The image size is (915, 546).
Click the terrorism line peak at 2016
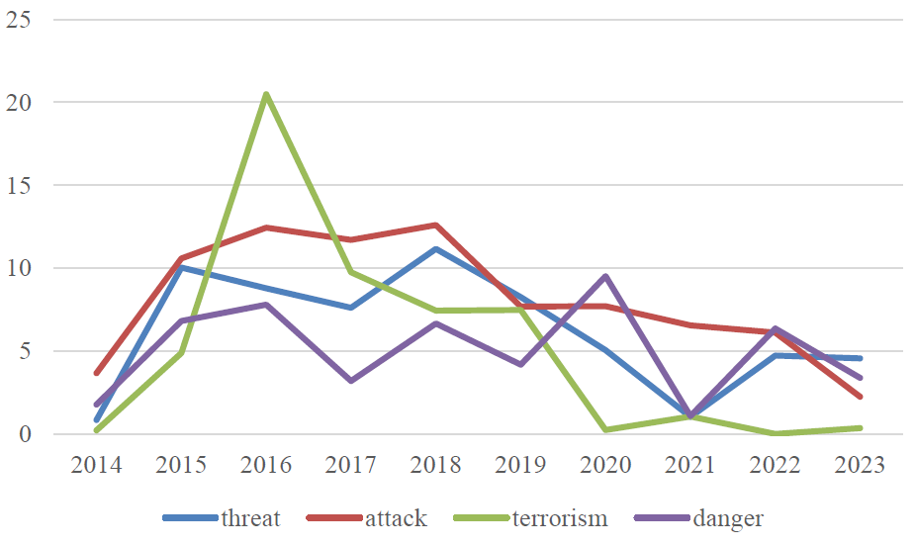coord(266,94)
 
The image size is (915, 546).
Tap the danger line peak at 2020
coord(605,276)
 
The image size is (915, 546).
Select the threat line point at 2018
coord(436,248)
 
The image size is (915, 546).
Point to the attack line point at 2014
coord(96,373)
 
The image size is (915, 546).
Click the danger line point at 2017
coord(351,381)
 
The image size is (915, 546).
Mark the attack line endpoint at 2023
coord(861,397)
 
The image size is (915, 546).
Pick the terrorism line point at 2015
coord(181,352)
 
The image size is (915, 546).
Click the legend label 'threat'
coord(251,518)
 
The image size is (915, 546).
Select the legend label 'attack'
coord(396,518)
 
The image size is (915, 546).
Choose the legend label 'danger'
coord(729,518)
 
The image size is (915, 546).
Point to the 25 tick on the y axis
coord(19,19)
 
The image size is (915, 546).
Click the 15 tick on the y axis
coord(19,185)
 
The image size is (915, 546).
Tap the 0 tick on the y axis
coord(25,434)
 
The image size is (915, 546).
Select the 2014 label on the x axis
coord(96,465)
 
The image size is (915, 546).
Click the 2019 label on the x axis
coord(521,465)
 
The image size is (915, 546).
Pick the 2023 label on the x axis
coord(861,465)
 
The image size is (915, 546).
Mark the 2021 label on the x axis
coord(690,465)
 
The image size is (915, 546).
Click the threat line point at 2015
coord(181,267)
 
